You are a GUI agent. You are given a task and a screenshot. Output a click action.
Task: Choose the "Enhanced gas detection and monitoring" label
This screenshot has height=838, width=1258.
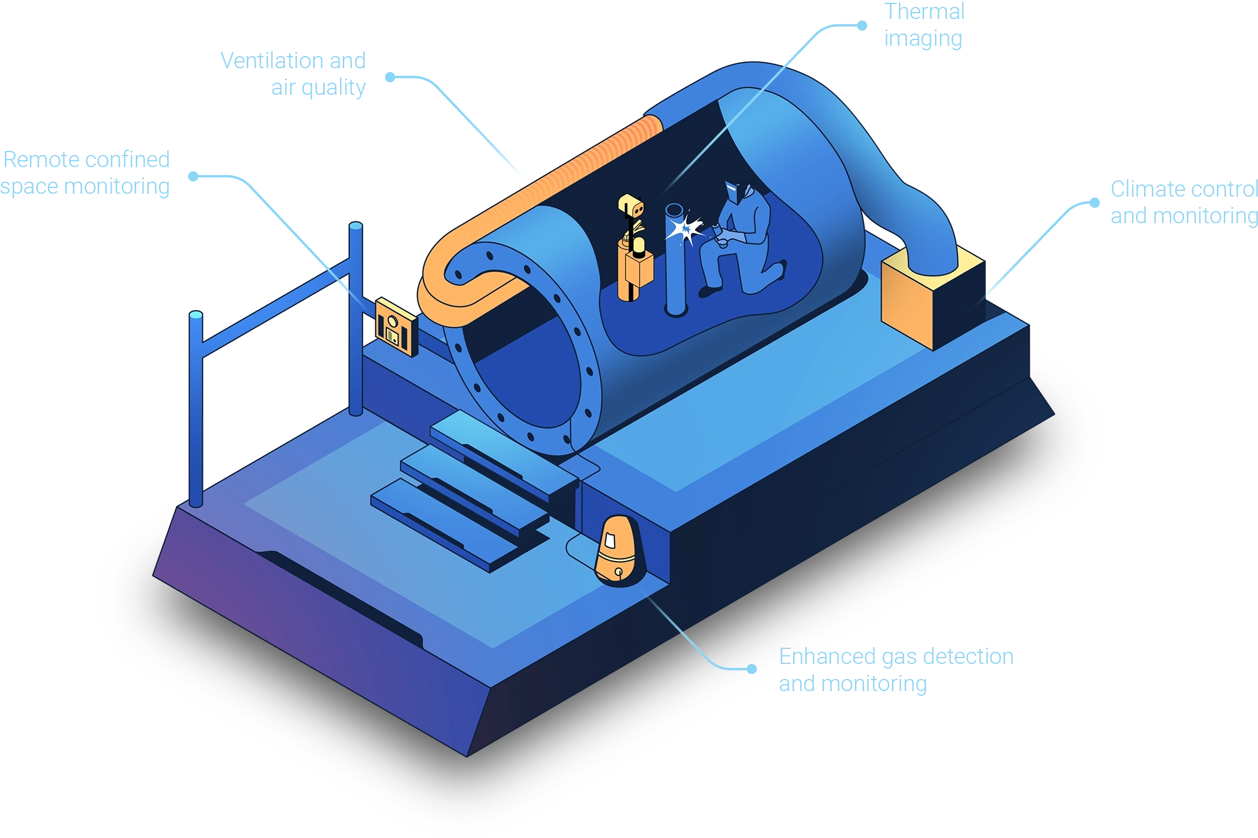click(x=895, y=670)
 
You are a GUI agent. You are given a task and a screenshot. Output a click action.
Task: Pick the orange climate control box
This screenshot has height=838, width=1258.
click(x=931, y=298)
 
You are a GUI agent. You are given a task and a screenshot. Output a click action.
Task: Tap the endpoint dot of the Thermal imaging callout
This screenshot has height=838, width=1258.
click(x=863, y=25)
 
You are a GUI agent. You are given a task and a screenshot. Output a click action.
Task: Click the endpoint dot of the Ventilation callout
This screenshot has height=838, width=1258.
click(x=391, y=77)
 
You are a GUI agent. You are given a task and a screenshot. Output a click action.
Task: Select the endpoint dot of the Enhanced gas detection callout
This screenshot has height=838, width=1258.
click(x=752, y=669)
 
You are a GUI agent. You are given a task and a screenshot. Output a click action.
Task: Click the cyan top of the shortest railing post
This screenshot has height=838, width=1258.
click(x=196, y=316)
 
